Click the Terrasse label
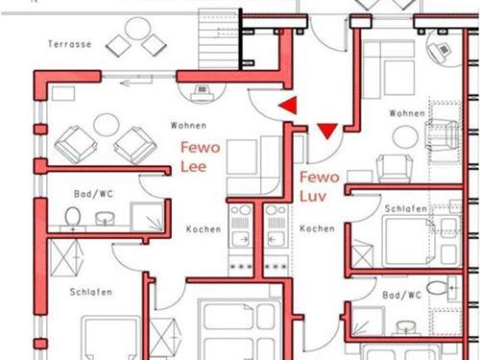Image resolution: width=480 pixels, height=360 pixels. [70, 44]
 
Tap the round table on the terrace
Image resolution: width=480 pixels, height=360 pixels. [137, 29]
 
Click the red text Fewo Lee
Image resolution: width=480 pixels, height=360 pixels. [201, 156]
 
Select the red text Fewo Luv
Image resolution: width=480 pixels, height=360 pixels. [320, 186]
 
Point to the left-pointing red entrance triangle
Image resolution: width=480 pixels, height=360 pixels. [288, 105]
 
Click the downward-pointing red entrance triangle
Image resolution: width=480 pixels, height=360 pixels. [327, 131]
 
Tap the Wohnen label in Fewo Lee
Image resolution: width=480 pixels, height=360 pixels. [188, 126]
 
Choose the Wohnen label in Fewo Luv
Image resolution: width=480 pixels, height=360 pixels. [407, 113]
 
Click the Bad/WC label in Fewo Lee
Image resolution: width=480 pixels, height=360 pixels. [93, 194]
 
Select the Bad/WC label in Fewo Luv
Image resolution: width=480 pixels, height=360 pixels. [402, 295]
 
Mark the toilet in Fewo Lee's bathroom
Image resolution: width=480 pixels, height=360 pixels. [73, 218]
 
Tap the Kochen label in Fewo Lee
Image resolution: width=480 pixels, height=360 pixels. [204, 229]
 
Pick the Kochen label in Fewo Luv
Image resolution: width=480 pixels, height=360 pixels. [317, 228]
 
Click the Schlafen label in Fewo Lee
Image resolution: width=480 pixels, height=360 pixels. [91, 292]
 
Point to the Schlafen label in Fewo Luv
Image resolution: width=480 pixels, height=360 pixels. [406, 208]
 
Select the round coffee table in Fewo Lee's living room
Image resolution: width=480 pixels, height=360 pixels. [107, 125]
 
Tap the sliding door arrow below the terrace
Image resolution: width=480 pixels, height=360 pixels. [136, 84]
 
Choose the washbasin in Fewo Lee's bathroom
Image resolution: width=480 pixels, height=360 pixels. [105, 218]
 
